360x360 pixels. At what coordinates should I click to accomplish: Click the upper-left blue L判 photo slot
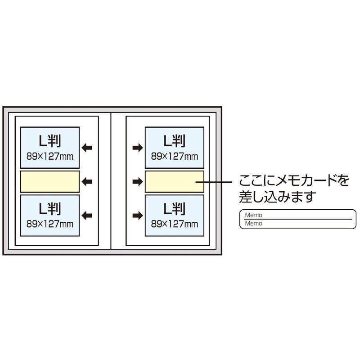[x=50, y=148]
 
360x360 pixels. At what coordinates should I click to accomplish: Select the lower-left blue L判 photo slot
[x=50, y=215]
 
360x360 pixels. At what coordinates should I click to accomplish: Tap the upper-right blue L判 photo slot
[x=174, y=148]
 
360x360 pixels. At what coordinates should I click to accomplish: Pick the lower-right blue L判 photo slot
[x=174, y=215]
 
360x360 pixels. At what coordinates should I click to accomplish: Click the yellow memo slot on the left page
[x=50, y=181]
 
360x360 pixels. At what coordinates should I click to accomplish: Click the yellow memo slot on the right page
[x=174, y=181]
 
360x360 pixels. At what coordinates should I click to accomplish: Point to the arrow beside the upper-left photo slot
[x=87, y=147]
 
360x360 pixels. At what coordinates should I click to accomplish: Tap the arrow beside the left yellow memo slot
[x=87, y=181]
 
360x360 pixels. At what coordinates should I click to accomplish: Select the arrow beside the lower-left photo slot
[x=87, y=215]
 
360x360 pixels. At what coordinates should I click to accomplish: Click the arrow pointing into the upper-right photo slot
[x=137, y=147]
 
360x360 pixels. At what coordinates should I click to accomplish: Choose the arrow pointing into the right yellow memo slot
[x=137, y=181]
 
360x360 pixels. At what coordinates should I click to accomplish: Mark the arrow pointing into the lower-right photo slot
[x=137, y=215]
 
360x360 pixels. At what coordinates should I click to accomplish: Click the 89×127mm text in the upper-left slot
[x=50, y=156]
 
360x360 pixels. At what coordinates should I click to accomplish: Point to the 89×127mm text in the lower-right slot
[x=174, y=224]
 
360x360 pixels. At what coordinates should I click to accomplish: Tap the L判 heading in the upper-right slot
[x=174, y=141]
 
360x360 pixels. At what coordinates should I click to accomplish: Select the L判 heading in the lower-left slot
[x=50, y=208]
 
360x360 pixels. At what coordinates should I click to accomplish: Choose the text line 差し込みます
[x=277, y=197]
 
